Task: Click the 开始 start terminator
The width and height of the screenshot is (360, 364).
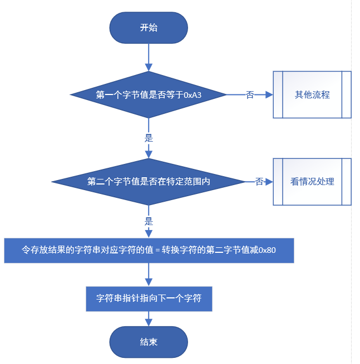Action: click(149, 27)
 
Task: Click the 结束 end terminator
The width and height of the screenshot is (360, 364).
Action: click(149, 342)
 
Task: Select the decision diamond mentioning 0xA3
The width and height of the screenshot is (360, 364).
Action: click(149, 94)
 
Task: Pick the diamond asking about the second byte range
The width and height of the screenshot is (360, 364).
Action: click(149, 182)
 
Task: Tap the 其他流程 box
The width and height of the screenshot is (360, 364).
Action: click(312, 94)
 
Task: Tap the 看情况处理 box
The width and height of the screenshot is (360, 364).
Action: click(312, 182)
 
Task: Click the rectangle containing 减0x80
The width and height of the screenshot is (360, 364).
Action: click(149, 251)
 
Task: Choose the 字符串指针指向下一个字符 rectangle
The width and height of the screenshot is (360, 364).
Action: click(149, 299)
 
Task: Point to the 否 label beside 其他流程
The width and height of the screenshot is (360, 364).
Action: click(250, 95)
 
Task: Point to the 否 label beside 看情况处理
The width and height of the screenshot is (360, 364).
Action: click(259, 182)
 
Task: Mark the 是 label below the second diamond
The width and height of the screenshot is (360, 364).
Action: click(149, 220)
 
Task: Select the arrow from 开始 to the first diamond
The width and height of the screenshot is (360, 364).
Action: click(149, 57)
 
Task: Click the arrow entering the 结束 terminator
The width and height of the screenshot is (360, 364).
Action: click(149, 319)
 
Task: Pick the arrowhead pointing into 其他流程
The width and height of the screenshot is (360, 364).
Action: click(269, 94)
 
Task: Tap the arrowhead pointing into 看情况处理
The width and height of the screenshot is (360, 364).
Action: click(269, 182)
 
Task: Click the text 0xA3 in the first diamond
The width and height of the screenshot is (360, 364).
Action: click(193, 95)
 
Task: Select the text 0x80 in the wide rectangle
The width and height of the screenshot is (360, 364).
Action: click(268, 251)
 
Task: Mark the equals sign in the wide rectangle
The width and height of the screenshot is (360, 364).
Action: click(157, 251)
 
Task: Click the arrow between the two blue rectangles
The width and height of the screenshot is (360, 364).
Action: click(149, 275)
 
